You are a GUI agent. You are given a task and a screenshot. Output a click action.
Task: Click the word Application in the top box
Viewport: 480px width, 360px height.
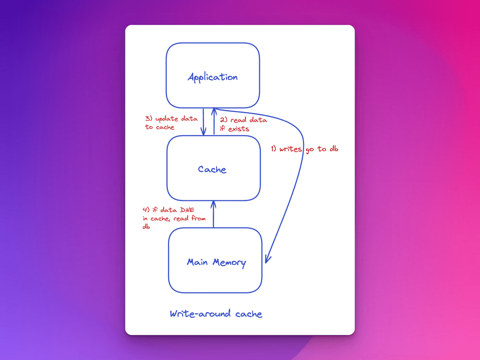pyautogui.click(x=212, y=77)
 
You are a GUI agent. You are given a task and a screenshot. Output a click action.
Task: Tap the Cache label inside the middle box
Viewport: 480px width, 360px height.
pyautogui.click(x=212, y=169)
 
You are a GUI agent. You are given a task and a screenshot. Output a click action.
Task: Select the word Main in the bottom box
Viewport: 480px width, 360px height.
pyautogui.click(x=197, y=262)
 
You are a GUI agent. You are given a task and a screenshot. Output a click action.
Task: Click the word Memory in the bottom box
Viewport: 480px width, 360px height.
pyautogui.click(x=229, y=262)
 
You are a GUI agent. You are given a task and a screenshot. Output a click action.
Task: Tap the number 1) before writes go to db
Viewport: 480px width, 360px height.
pyautogui.click(x=274, y=149)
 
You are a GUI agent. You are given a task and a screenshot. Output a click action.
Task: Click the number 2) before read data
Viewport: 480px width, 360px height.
pyautogui.click(x=223, y=120)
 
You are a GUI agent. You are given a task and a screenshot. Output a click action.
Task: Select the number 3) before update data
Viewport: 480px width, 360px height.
pyautogui.click(x=148, y=119)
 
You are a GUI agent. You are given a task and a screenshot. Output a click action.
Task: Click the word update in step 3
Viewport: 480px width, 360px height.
pyautogui.click(x=166, y=119)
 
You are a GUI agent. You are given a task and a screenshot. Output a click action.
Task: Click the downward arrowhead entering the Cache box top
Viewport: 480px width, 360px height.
pyautogui.click(x=204, y=132)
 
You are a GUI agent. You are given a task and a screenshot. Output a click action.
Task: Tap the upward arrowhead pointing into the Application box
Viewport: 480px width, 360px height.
pyautogui.click(x=214, y=110)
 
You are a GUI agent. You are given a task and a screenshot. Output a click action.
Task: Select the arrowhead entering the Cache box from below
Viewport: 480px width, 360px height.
pyautogui.click(x=213, y=204)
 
